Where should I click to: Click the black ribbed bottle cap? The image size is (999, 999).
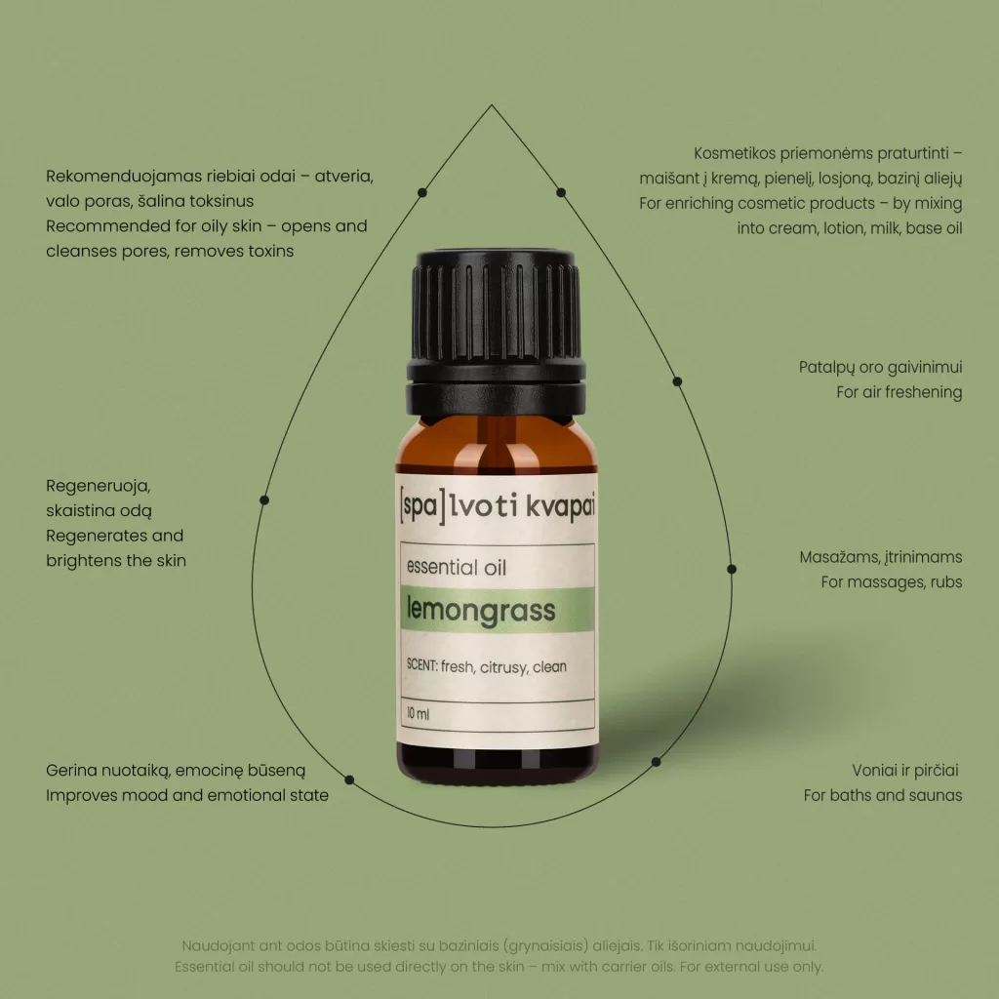click(x=496, y=332)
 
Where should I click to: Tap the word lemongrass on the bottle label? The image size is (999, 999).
click(x=481, y=611)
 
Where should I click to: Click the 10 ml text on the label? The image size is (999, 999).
click(x=418, y=713)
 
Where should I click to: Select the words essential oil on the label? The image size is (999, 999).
click(x=457, y=567)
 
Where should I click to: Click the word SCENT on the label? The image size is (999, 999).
click(x=421, y=665)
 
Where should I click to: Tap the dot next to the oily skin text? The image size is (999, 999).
click(x=421, y=192)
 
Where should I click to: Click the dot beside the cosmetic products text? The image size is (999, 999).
click(x=561, y=192)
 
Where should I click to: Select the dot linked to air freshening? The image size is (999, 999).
click(x=677, y=381)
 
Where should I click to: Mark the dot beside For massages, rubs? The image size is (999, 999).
click(x=732, y=569)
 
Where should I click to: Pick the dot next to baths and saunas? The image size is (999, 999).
click(x=656, y=761)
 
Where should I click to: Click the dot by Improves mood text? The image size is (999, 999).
click(x=349, y=779)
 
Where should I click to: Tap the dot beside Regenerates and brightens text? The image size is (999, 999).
click(x=264, y=500)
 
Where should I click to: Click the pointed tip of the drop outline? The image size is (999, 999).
click(x=492, y=105)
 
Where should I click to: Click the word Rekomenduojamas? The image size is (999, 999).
click(x=124, y=176)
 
